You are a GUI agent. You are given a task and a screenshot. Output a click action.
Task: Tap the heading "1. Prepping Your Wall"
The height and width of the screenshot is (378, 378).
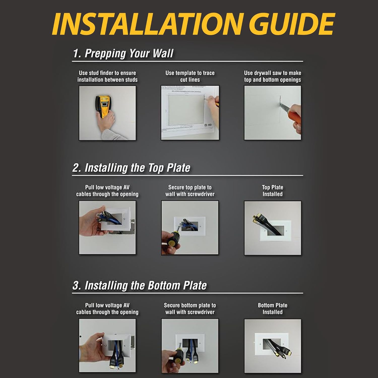point(123,54)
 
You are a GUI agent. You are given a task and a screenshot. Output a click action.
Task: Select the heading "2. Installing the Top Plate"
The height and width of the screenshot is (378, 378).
point(131,168)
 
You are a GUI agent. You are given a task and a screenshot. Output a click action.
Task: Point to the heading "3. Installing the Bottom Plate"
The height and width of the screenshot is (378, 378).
point(140,286)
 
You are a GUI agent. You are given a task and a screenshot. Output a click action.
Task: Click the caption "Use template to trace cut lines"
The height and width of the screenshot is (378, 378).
point(190,76)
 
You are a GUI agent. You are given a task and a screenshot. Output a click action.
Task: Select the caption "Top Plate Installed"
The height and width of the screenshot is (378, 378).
point(272,191)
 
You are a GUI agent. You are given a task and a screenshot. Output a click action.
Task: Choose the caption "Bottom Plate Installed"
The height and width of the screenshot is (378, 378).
point(272,309)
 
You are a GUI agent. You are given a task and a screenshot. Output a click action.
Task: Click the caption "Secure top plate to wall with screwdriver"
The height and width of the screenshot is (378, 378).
point(190,191)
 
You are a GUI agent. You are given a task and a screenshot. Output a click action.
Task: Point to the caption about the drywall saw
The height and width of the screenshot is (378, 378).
point(272,76)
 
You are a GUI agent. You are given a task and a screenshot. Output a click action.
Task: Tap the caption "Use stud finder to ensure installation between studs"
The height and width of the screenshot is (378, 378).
point(107,76)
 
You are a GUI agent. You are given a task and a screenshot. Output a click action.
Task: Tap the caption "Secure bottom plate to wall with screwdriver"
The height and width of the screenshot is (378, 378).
point(190,309)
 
